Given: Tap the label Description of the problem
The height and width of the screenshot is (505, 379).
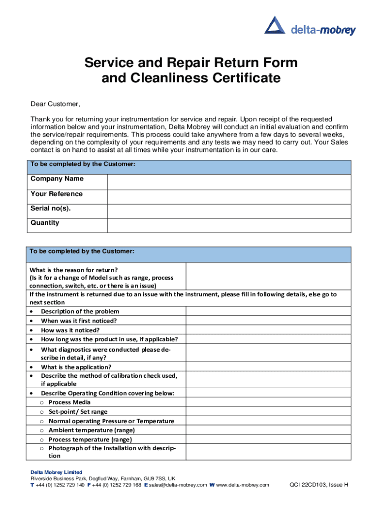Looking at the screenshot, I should tap(80, 311).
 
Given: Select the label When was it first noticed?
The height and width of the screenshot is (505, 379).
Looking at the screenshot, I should tap(79, 321).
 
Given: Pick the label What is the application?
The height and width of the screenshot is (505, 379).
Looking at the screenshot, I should tap(76, 367).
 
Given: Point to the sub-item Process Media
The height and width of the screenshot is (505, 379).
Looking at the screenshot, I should tap(69, 402).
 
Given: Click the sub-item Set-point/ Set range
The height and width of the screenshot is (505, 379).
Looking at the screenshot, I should tap(78, 412).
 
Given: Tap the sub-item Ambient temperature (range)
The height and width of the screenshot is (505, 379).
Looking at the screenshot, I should tap(85, 430).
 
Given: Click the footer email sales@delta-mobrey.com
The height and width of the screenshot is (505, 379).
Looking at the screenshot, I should tap(178, 485).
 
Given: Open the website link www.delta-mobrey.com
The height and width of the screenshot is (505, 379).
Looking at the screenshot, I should tap(243, 485).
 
